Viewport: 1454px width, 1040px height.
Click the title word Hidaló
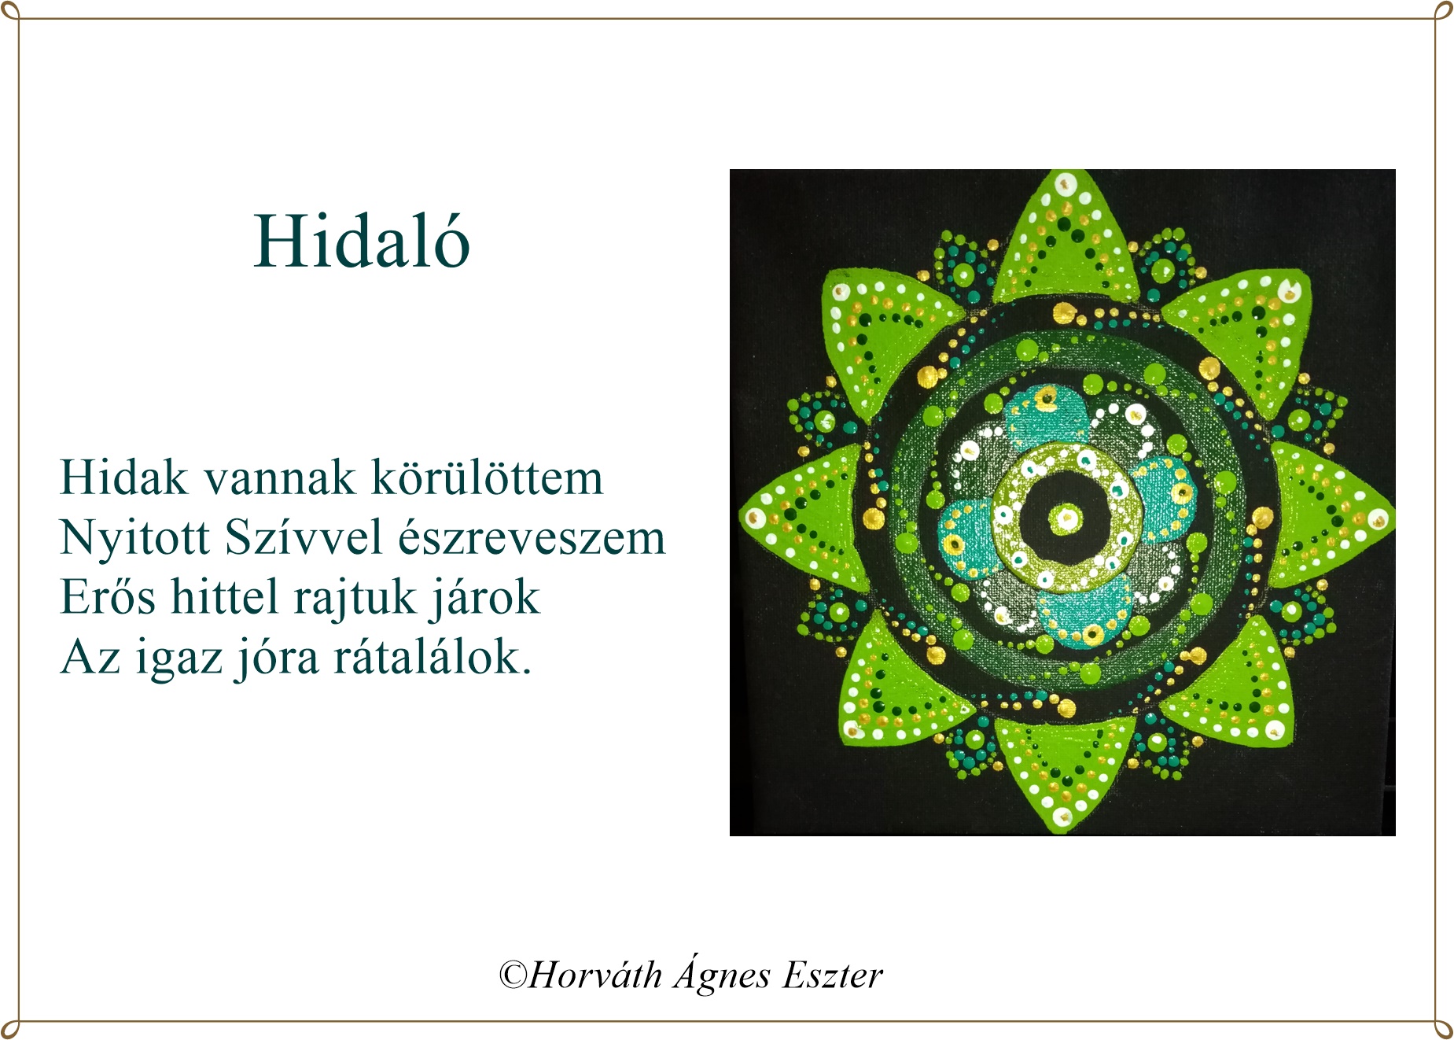[x=362, y=241]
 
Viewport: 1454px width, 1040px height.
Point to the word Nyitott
[x=135, y=539]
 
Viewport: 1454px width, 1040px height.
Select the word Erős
[x=108, y=596]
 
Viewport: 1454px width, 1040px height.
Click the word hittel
[x=224, y=596]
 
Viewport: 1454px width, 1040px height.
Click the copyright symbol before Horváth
[x=513, y=975]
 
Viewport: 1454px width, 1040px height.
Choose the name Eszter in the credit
[x=833, y=975]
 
